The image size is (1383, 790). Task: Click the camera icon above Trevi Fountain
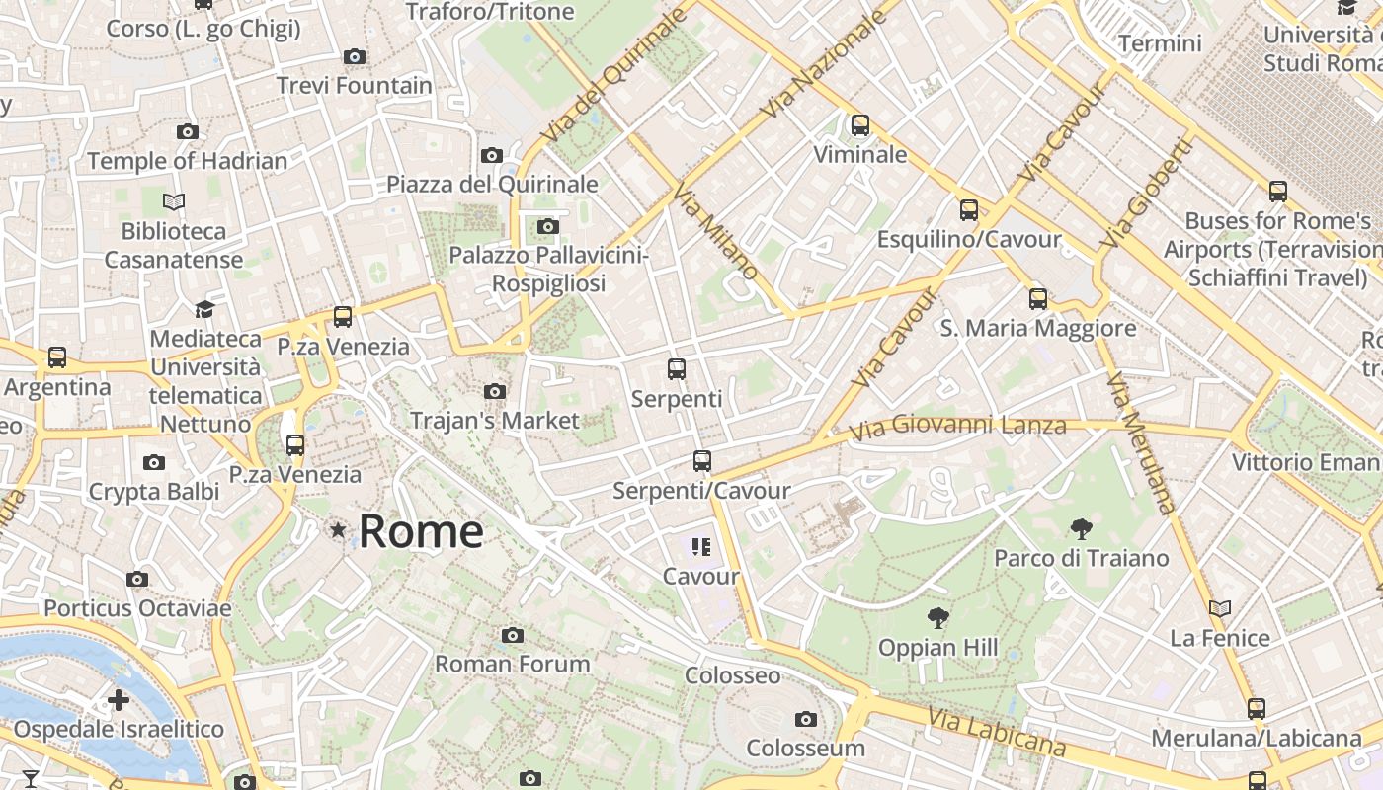pos(355,57)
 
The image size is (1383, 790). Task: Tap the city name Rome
pos(421,531)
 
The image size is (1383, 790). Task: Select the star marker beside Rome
pos(339,531)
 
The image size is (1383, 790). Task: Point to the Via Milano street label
pos(718,232)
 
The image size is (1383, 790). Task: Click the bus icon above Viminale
pos(860,125)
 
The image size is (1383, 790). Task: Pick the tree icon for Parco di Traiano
pos(1081,529)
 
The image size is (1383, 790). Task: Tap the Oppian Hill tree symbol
pos(937,619)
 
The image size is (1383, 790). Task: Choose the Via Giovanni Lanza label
pos(958,427)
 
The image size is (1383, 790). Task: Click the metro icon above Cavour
pos(701,547)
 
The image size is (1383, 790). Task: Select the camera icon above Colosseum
pos(806,719)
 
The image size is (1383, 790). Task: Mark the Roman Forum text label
pos(513,664)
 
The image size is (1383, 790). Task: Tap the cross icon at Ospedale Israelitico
pos(119,701)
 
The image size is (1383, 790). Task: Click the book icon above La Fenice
pos(1220,609)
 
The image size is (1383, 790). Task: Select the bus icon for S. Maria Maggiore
pos(1038,299)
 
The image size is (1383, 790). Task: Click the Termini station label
pos(1160,43)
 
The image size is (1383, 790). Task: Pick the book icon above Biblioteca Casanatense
pos(174,202)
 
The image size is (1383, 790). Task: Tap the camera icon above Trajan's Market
pos(495,392)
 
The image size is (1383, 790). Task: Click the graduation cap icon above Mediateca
pos(204,310)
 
